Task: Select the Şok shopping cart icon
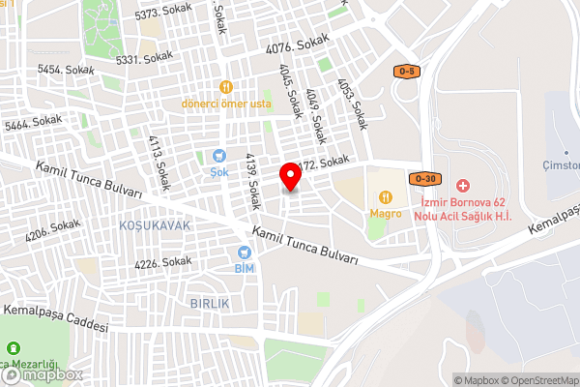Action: tap(219, 155)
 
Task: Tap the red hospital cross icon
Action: tap(462, 184)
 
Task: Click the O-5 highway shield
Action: tap(407, 72)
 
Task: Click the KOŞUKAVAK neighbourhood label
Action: tap(155, 224)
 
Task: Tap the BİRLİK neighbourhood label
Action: tap(209, 303)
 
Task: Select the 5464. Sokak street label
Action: tap(33, 123)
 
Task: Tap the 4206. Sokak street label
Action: tap(52, 230)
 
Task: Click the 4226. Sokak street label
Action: tap(163, 261)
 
